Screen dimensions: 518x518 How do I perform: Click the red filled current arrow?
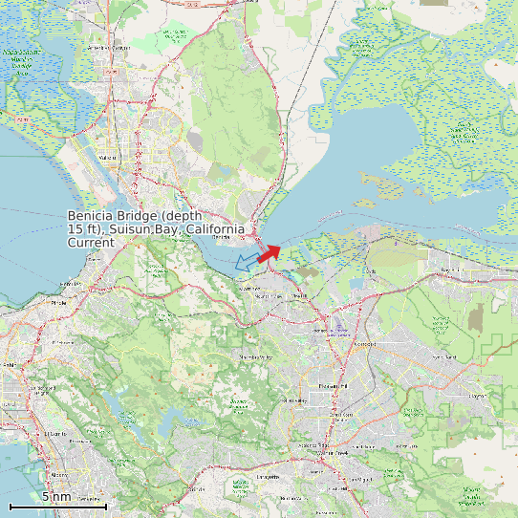point(270,252)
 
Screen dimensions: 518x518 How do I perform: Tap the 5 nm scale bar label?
point(55,497)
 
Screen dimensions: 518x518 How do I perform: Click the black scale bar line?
point(56,506)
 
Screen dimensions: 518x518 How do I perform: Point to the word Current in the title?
point(91,243)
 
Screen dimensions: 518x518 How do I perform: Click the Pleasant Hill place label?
point(329,386)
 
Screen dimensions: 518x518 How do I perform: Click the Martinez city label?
point(249,288)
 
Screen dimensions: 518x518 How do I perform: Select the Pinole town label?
point(59,302)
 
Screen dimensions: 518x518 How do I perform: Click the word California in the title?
point(215,229)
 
